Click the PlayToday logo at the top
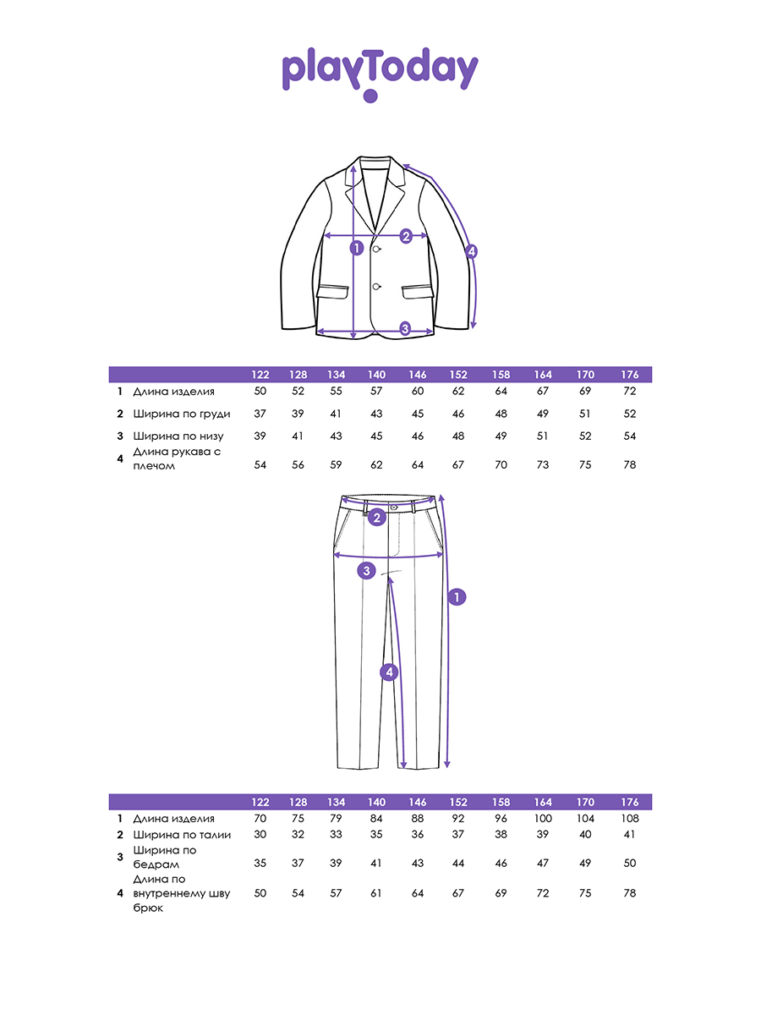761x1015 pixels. (x=380, y=74)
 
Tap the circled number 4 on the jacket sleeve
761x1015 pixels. (x=471, y=251)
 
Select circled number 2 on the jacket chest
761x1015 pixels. (x=406, y=236)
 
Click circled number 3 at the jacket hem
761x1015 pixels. (x=405, y=328)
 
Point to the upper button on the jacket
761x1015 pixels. (x=376, y=250)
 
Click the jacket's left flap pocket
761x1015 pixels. (x=332, y=291)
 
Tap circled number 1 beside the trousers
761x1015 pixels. (x=457, y=597)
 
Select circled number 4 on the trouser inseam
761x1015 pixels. (x=389, y=672)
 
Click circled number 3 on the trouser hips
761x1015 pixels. (x=366, y=571)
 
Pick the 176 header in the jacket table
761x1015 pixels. (x=629, y=375)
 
